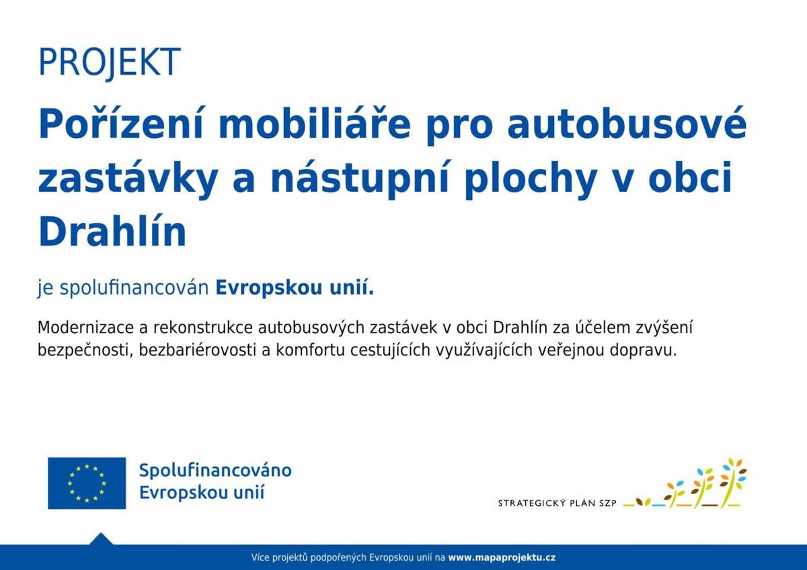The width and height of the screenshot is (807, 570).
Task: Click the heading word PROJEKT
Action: [110, 62]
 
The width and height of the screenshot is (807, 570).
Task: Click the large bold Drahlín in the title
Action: [112, 232]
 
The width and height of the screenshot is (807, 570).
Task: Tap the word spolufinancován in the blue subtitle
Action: [135, 289]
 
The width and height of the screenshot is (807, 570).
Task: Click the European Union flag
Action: [87, 483]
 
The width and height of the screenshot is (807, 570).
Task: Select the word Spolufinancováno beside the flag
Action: [215, 470]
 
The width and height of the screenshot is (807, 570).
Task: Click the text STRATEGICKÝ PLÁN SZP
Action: [557, 503]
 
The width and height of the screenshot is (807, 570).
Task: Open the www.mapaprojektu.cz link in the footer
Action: [502, 558]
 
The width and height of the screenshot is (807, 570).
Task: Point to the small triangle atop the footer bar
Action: [101, 539]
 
